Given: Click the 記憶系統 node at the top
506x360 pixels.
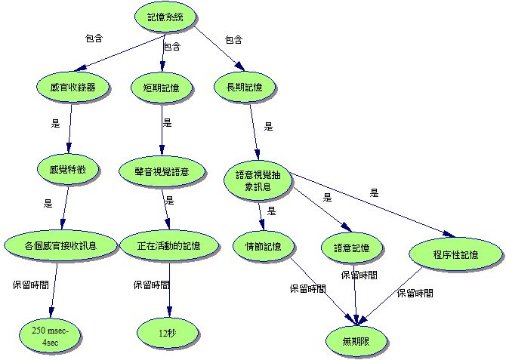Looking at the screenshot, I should tap(165, 17).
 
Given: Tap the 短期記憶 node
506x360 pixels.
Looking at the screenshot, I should tap(161, 88).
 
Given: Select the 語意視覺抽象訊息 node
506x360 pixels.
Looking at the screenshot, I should tap(258, 180).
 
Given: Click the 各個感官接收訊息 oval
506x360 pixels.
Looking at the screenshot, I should tap(60, 245).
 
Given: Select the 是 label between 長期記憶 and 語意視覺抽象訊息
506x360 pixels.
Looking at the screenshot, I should tap(268, 126).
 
